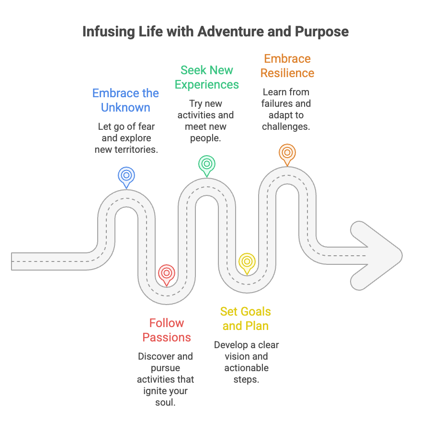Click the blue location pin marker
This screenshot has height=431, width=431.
point(126,175)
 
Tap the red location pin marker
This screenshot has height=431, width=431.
point(167,273)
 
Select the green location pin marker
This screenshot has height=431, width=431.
point(207,164)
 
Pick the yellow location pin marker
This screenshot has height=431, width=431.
point(247,262)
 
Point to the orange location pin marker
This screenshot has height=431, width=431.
point(287,153)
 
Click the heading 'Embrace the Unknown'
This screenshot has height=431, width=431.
point(125,100)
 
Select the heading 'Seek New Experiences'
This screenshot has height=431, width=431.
point(207,77)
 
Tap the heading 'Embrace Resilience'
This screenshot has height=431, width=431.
point(287,66)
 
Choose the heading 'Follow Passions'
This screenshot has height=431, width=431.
point(167,330)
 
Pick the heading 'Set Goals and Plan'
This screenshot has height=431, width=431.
point(246,318)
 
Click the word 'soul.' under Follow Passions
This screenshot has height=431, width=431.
point(166,402)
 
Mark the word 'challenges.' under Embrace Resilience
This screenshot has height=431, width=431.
point(286,126)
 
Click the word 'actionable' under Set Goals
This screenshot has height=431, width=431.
point(246,368)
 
